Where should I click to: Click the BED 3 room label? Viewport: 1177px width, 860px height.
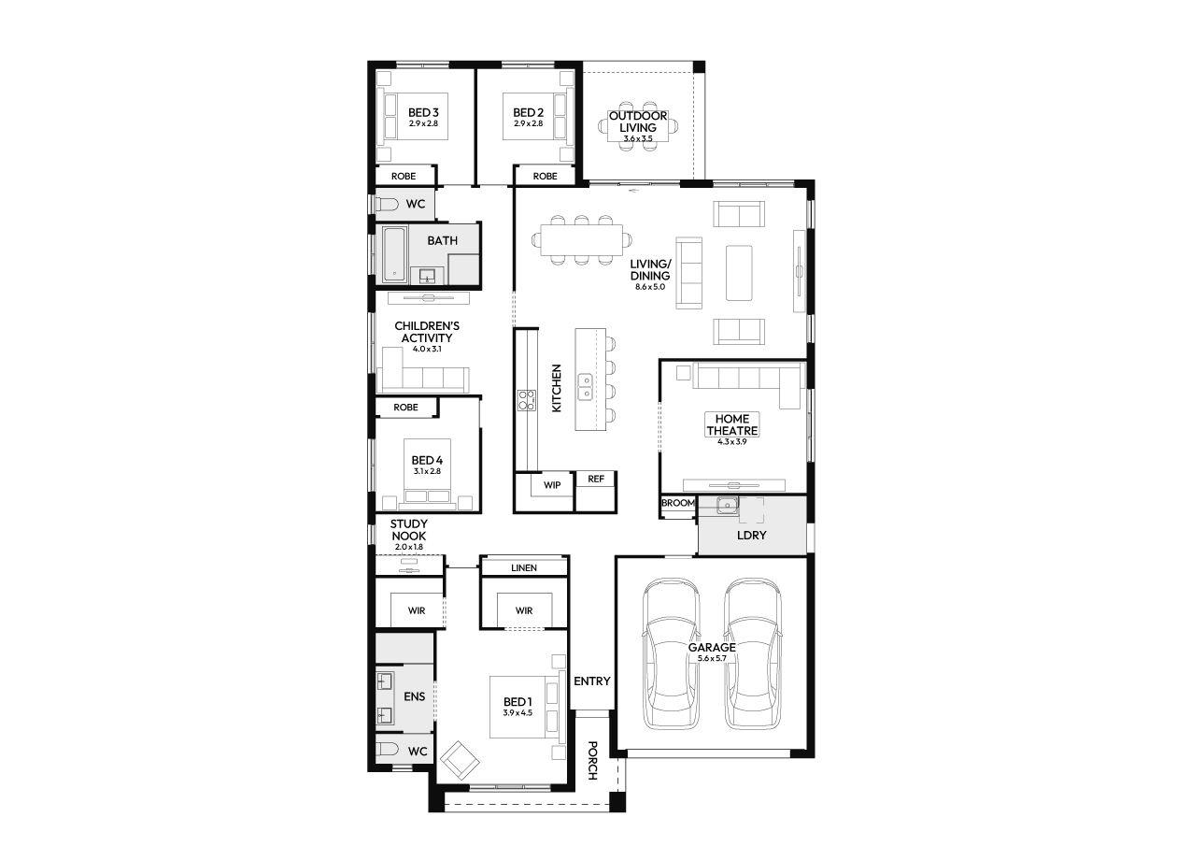coord(423,112)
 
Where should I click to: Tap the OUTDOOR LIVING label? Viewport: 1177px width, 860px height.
coord(638,122)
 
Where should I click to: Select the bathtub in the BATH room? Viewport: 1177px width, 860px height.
coord(394,254)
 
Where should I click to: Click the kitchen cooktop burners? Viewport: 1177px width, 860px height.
coord(527,400)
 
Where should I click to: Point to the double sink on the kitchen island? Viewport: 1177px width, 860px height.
coord(586,386)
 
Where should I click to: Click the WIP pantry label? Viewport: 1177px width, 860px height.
coord(552,485)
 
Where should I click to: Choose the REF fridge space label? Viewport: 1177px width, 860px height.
coord(596,479)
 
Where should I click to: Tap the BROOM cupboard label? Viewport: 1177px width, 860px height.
coord(678,503)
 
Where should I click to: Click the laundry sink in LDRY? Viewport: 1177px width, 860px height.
coord(727,505)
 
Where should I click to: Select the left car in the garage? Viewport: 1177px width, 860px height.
coord(671,654)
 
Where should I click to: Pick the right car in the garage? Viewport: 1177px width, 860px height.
coord(752,654)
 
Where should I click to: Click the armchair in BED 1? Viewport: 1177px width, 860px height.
coord(460,760)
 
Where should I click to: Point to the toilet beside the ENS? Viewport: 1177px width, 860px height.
coord(388,750)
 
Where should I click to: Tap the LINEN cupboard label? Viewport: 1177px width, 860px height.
coord(524,567)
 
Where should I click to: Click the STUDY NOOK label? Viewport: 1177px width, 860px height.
coord(409,530)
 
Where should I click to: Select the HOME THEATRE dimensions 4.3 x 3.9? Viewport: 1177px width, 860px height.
coord(732,442)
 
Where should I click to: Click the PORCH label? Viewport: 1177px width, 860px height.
coord(592,760)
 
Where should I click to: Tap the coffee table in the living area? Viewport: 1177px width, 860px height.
coord(739,273)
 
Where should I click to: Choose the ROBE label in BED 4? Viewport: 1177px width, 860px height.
coord(405,408)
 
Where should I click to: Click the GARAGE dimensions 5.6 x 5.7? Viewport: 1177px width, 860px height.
coord(712,659)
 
